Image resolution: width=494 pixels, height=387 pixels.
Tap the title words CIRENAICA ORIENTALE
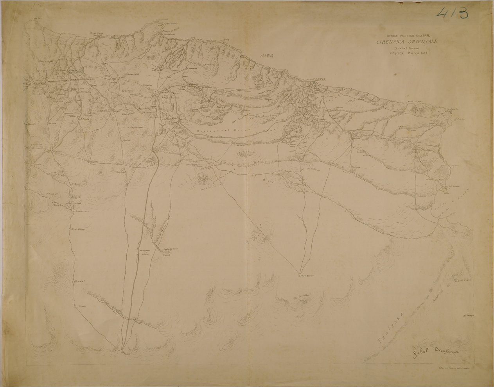[407, 42]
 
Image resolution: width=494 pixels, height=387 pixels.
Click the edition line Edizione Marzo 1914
[406, 54]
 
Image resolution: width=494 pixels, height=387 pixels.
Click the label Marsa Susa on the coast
[95, 34]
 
